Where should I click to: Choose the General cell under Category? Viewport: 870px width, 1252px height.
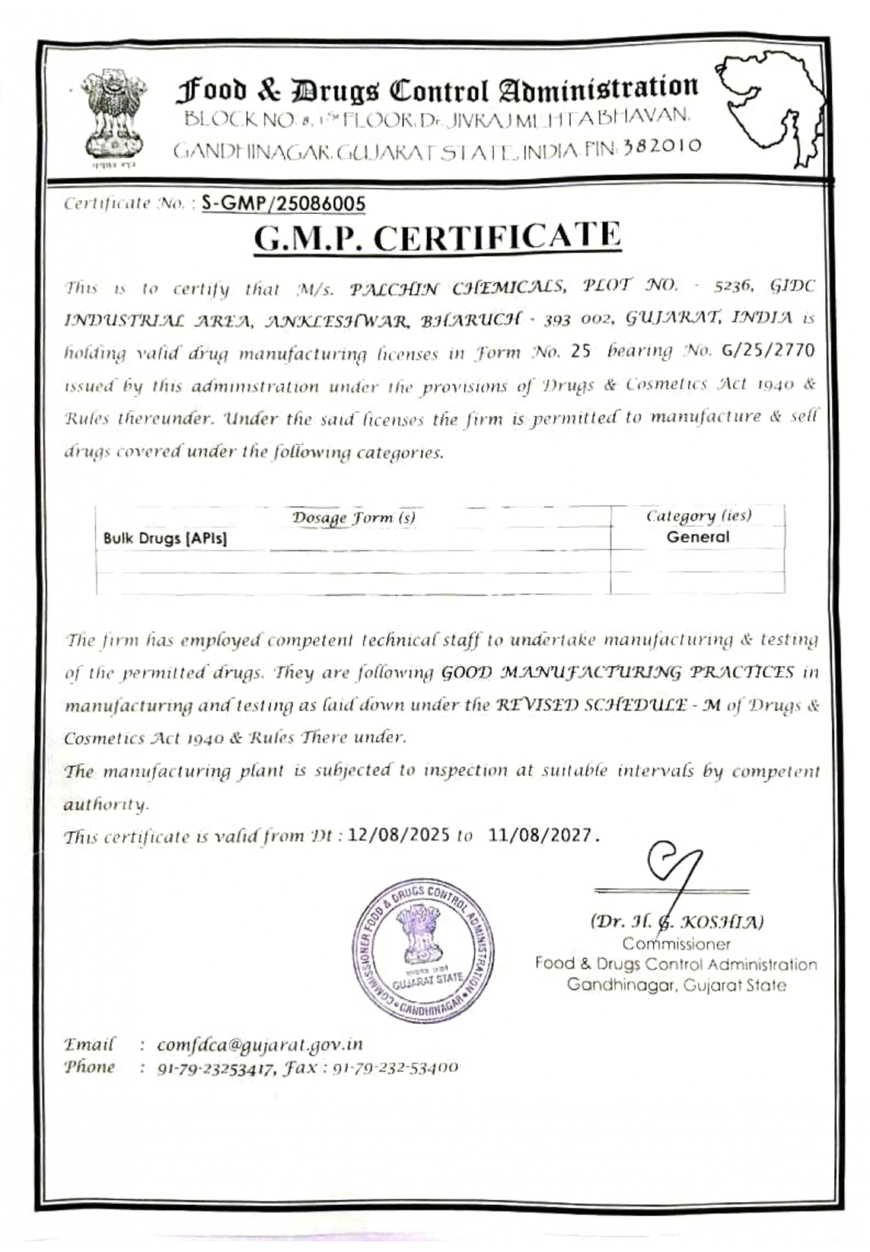tap(697, 537)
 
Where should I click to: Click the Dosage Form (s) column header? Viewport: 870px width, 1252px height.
tap(353, 517)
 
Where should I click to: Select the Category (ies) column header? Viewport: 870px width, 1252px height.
tap(698, 516)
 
